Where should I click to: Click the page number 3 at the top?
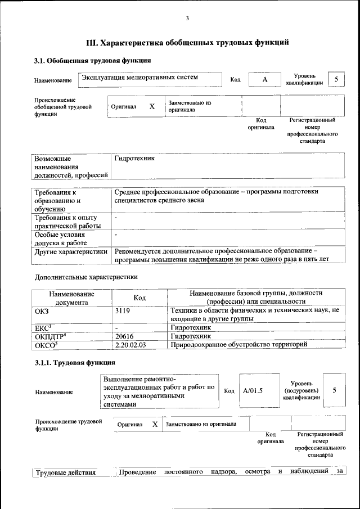click(187, 19)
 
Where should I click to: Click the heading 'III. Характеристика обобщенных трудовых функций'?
click(187, 42)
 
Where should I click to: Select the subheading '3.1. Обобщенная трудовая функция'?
click(92, 60)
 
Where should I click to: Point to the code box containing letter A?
click(264, 80)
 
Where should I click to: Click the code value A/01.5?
click(253, 390)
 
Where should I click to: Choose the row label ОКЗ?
click(42, 310)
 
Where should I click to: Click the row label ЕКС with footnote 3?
click(44, 327)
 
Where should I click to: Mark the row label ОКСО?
click(47, 344)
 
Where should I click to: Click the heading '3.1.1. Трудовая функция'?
click(75, 362)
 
